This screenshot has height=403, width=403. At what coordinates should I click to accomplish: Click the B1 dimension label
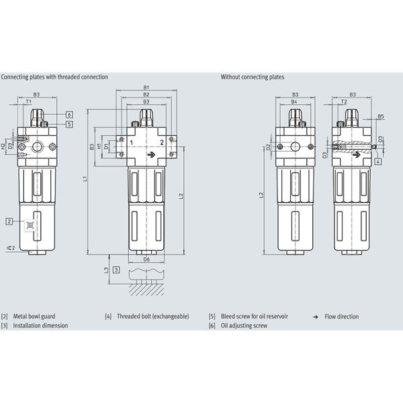point(146,87)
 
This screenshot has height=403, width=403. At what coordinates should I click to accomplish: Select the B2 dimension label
point(146,94)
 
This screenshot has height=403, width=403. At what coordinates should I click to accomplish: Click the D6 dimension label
point(146,258)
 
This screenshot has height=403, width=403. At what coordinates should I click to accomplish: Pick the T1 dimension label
point(38,102)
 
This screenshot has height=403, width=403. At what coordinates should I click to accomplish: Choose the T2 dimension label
point(344,102)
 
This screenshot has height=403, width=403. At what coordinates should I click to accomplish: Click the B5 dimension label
point(380,116)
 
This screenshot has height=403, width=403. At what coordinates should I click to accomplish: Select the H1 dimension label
point(99,146)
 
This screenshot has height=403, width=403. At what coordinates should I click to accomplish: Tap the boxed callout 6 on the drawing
point(69,115)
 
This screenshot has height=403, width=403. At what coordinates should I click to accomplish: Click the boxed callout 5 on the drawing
point(69,124)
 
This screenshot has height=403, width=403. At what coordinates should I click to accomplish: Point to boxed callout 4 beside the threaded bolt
point(379,162)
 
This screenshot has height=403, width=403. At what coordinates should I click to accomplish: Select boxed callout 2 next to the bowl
point(9,221)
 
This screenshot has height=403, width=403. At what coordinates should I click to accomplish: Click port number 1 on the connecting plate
point(132,144)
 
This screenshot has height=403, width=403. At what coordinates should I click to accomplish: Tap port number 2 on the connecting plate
point(162,144)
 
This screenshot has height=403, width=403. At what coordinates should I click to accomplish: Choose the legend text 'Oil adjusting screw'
point(244,325)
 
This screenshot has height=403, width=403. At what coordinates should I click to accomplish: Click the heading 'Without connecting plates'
point(253,77)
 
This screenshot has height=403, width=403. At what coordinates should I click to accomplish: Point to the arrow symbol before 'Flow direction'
point(316,316)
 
